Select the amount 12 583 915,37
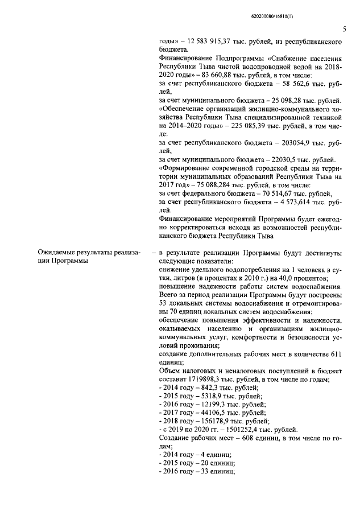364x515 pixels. [x=213, y=43]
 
